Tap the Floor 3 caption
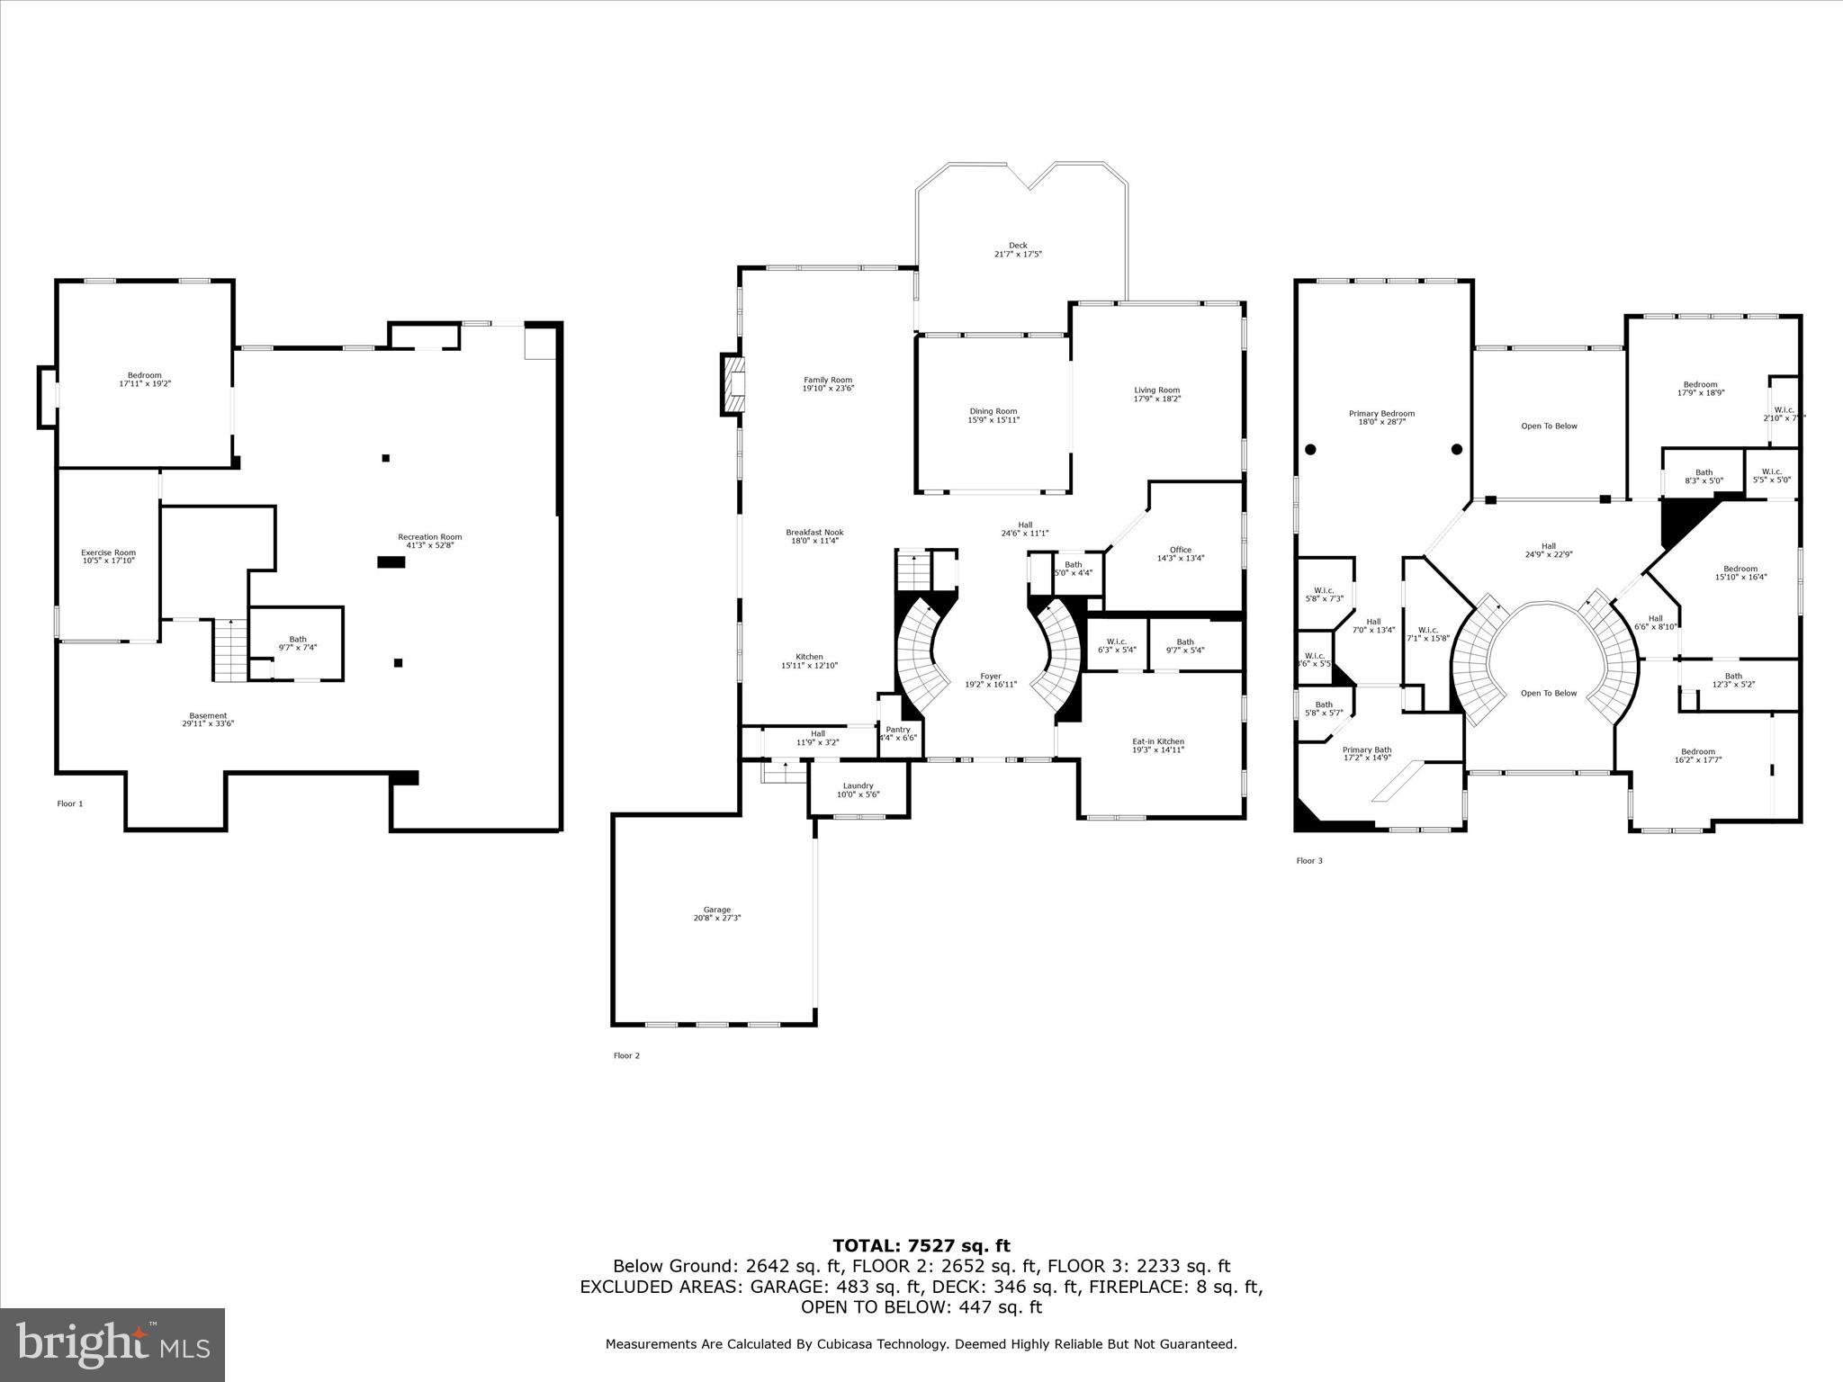tap(1309, 861)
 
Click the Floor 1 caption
tap(70, 803)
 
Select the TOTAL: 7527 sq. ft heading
tap(921, 1246)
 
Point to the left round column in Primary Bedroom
tap(1310, 449)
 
